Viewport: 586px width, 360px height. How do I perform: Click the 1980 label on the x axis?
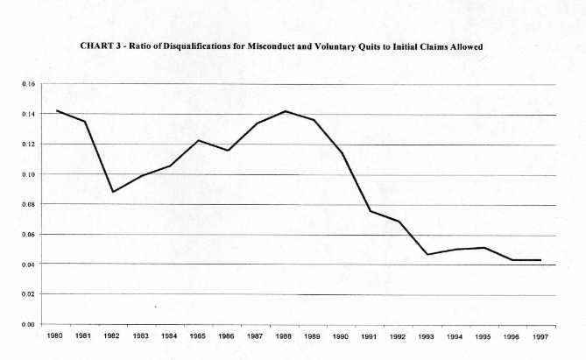click(x=54, y=335)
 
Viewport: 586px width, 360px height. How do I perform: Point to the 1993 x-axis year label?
click(x=428, y=335)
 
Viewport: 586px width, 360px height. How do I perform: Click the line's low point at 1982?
click(x=113, y=192)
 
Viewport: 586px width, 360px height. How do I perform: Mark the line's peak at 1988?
click(x=286, y=111)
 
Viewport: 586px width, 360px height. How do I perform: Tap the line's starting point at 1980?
click(x=55, y=110)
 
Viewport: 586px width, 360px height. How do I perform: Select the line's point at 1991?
click(x=371, y=210)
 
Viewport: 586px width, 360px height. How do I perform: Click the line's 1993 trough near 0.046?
click(x=428, y=254)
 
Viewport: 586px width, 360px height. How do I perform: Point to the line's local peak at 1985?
click(x=199, y=140)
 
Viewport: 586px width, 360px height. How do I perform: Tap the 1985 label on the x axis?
click(x=199, y=335)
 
